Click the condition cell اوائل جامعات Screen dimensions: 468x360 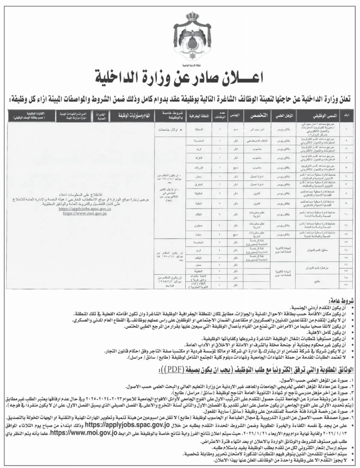tap(163, 129)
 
